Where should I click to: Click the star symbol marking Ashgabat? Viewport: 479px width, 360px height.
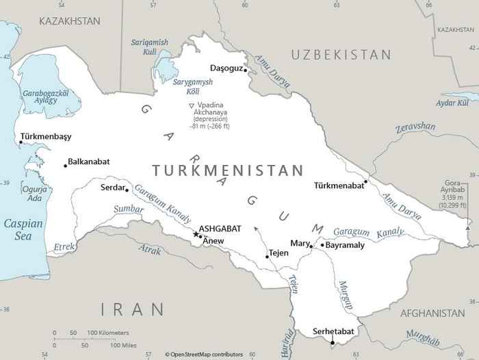pyautogui.click(x=196, y=235)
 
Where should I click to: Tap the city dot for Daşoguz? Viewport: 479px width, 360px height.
pyautogui.click(x=245, y=70)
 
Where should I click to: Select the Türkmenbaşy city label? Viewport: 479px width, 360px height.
pyautogui.click(x=46, y=136)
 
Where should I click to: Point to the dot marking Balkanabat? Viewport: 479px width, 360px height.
pyautogui.click(x=66, y=165)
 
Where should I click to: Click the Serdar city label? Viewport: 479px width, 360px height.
pyautogui.click(x=112, y=187)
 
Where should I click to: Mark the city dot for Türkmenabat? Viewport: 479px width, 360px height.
pyautogui.click(x=365, y=181)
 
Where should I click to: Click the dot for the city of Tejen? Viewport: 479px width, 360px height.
pyautogui.click(x=267, y=257)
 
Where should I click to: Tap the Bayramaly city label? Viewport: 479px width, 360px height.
pyautogui.click(x=345, y=244)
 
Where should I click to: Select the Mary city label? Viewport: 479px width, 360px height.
pyautogui.click(x=300, y=243)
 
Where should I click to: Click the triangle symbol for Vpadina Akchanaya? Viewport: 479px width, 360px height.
pyautogui.click(x=192, y=105)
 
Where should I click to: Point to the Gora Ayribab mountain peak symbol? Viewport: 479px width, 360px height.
pyautogui.click(x=468, y=227)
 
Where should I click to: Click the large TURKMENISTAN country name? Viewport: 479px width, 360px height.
pyautogui.click(x=227, y=170)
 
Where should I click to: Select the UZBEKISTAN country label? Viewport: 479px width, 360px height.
pyautogui.click(x=341, y=55)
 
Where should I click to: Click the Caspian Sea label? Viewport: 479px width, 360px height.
pyautogui.click(x=23, y=229)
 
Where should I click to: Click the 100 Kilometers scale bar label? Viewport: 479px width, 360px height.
pyautogui.click(x=107, y=333)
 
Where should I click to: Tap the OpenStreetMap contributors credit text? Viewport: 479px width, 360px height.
pyautogui.click(x=206, y=354)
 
